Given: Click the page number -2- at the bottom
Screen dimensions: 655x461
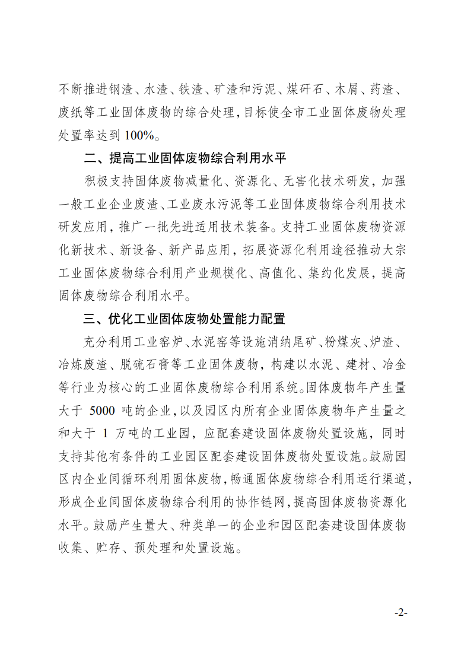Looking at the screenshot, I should [401, 612].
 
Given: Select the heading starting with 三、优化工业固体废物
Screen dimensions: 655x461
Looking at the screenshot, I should [185, 319].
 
